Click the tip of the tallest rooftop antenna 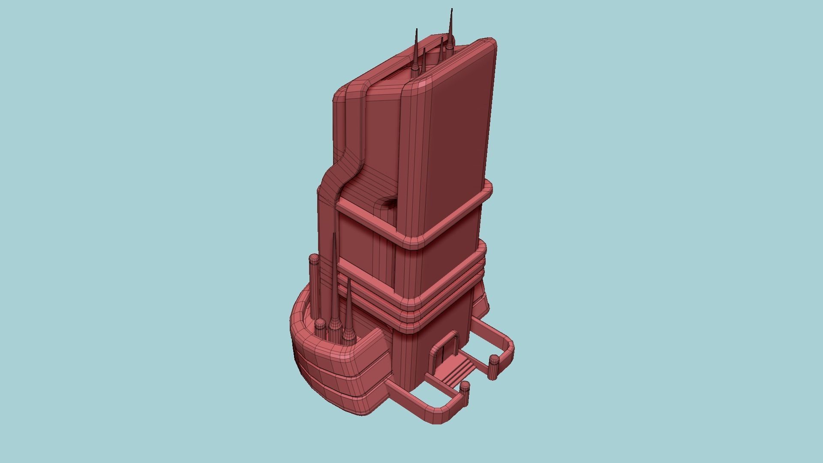click(451, 9)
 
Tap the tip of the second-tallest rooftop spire click(416, 30)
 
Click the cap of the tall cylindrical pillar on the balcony click(314, 259)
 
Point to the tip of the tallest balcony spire click(334, 235)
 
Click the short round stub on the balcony click(320, 325)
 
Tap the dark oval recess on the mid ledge click(389, 203)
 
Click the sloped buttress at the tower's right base click(482, 296)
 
